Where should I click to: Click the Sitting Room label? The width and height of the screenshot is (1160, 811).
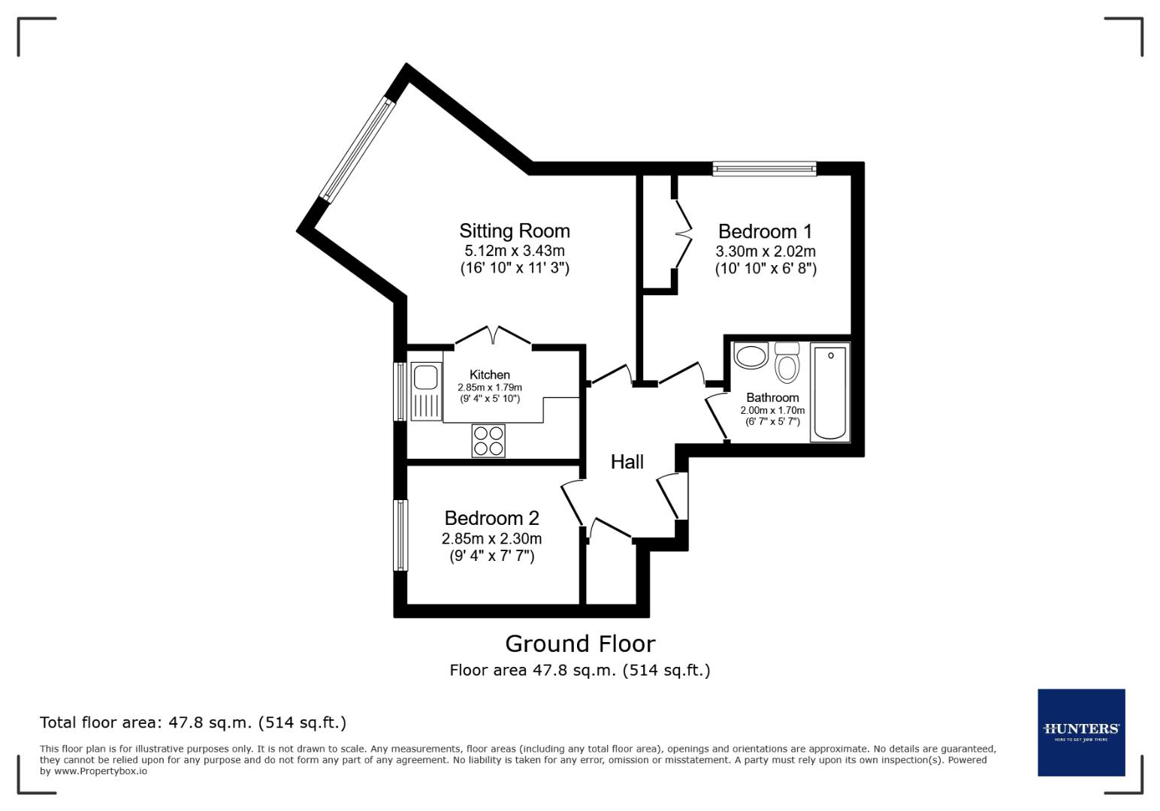[515, 231]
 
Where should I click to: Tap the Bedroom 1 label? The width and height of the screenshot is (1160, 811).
[765, 231]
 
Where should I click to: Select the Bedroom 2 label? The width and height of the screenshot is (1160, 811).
[491, 518]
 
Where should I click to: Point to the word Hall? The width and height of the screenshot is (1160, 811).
[627, 462]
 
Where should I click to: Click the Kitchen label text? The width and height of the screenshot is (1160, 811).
[490, 375]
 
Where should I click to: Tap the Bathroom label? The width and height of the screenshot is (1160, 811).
[772, 397]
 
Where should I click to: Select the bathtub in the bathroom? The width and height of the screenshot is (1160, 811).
[830, 391]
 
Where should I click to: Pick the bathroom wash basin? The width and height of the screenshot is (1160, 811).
[751, 355]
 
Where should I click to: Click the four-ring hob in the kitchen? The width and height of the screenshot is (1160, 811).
[488, 441]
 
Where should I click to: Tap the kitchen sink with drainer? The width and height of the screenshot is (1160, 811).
[426, 390]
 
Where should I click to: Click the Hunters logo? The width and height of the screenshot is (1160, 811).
[1080, 731]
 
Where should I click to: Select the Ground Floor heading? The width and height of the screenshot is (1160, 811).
[579, 644]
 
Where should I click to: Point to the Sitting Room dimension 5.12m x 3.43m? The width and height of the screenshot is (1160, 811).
[515, 251]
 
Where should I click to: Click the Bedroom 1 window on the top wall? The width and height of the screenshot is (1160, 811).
[764, 169]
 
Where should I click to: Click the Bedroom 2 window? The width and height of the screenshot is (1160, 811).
[400, 535]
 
